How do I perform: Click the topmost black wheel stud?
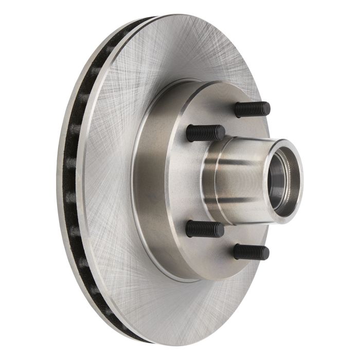tap(251, 109)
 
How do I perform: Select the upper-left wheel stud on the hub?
tap(205, 133)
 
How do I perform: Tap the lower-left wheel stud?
tap(204, 228)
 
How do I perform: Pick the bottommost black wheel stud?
tap(251, 251)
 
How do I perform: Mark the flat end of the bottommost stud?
tap(266, 253)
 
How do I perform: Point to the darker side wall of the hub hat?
tap(149, 180)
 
